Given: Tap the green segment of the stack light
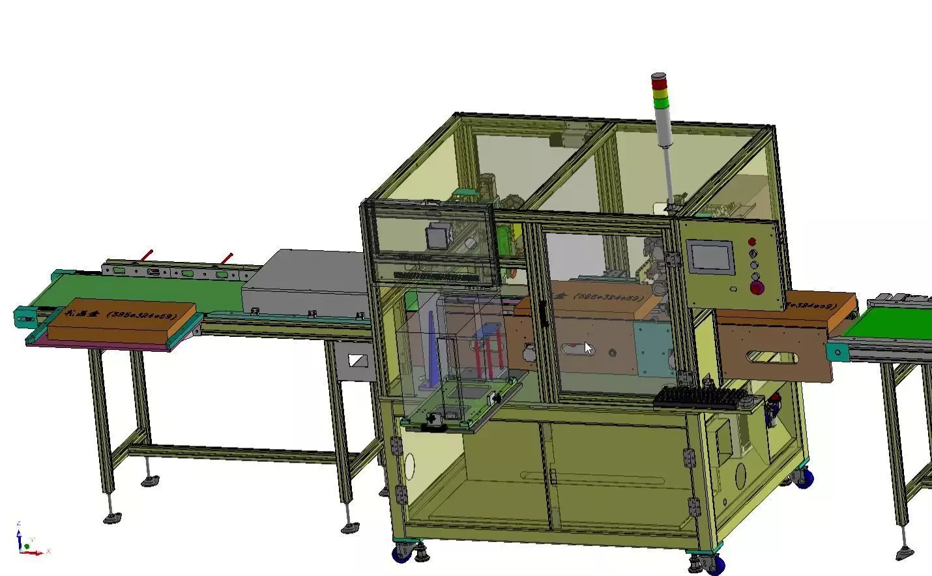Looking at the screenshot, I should pos(660,102).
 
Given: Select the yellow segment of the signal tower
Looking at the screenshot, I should pos(660,92).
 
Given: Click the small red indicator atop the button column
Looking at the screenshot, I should pos(752,242).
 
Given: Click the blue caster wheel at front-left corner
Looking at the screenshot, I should pos(400,555).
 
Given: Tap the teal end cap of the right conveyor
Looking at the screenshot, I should pos(836,353).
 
